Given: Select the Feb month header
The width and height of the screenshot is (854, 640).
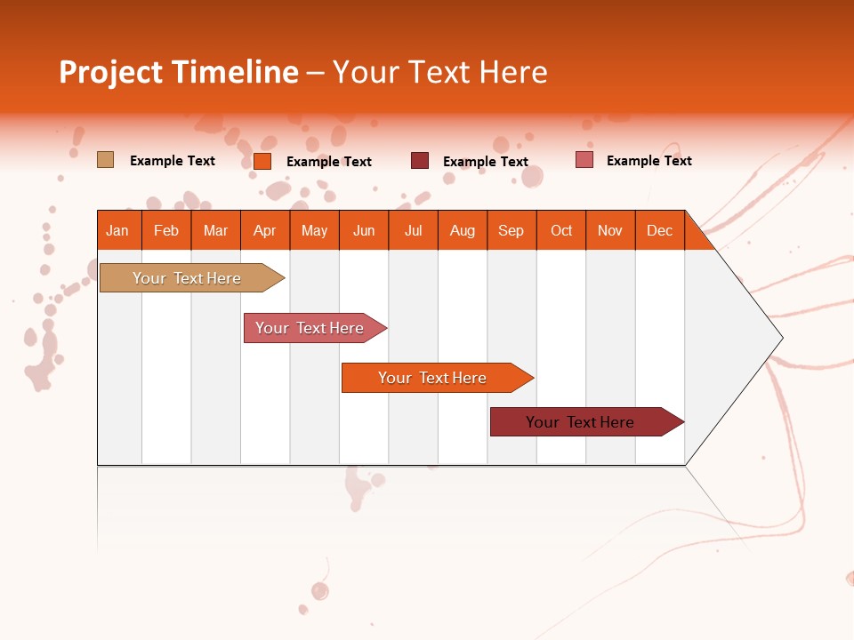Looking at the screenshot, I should [x=166, y=230].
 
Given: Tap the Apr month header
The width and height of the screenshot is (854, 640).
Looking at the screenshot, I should [x=264, y=230].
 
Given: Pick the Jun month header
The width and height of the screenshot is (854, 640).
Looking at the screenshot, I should [x=364, y=230].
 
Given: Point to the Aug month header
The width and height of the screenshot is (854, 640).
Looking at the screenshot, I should [x=462, y=230].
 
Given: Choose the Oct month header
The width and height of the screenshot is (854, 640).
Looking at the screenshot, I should [x=561, y=230].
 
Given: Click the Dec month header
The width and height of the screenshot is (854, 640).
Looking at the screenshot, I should [x=659, y=230].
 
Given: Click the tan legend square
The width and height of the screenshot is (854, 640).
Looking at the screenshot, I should [x=105, y=160].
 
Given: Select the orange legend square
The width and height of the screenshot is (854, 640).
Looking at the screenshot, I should [x=262, y=161].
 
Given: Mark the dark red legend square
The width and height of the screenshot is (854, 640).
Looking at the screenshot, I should [x=419, y=161].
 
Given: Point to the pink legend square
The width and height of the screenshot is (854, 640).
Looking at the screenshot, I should [x=584, y=160].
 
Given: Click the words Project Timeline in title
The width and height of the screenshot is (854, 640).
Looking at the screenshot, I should [x=178, y=72].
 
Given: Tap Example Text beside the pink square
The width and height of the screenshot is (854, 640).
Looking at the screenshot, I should [x=649, y=161].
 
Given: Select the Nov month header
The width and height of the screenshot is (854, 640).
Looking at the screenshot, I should [x=610, y=230].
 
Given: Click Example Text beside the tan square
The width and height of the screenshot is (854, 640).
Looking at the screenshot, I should [x=173, y=161].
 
